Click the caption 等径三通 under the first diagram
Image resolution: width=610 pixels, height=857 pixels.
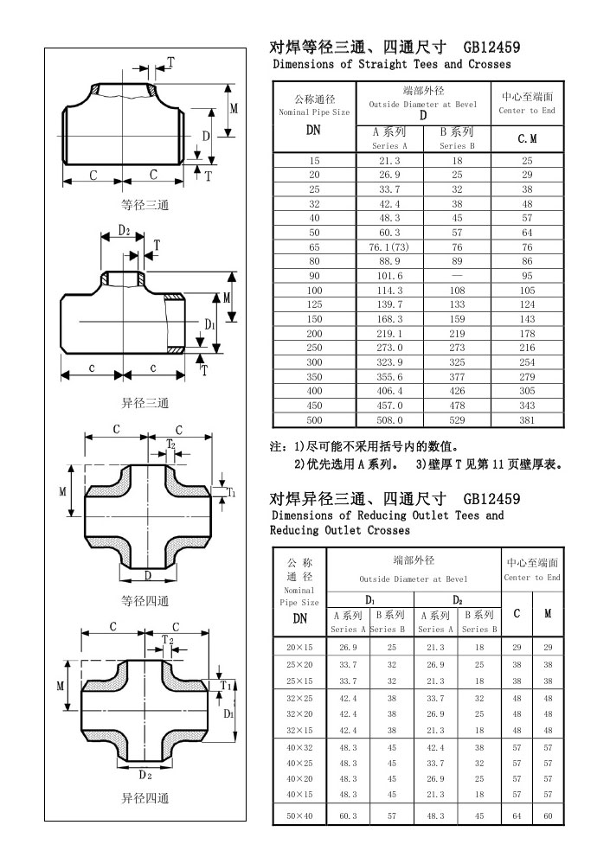(x=144, y=205)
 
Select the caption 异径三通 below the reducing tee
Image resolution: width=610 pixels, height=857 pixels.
(x=144, y=403)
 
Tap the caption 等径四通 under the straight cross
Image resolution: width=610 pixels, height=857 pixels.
(x=144, y=601)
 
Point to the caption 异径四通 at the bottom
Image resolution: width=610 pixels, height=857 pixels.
(x=144, y=798)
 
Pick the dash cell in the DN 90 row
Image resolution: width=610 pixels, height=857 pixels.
(x=456, y=276)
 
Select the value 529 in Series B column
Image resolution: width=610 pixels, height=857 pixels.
(x=456, y=419)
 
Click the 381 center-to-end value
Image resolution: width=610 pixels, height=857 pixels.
(x=527, y=419)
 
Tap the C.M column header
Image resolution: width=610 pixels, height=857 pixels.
(x=527, y=138)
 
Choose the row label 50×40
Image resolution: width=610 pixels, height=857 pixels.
(x=299, y=815)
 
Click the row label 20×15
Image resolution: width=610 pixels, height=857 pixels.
(x=299, y=647)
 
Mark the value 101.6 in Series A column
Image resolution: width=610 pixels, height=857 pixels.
(x=388, y=276)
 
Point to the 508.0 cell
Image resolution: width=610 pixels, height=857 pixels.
(x=388, y=419)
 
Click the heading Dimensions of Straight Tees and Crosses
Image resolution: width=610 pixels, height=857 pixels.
(x=391, y=64)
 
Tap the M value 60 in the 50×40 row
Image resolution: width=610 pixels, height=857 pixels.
(x=548, y=815)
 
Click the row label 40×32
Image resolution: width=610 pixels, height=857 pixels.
(x=299, y=748)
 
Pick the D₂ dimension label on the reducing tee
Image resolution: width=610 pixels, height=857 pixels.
(x=125, y=231)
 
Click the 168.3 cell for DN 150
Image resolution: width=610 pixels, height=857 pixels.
(x=388, y=319)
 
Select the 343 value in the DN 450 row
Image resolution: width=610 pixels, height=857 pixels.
(x=527, y=405)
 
